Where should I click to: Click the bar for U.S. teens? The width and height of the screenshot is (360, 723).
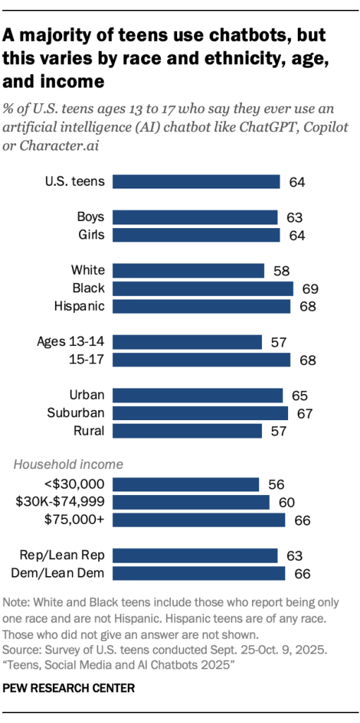tap(197, 181)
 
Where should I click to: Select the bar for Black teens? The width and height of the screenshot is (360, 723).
tap(203, 288)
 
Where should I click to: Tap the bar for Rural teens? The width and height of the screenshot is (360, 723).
tap(187, 431)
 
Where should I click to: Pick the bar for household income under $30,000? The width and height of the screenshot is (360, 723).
tap(186, 484)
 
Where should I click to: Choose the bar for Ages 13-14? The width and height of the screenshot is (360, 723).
tap(187, 342)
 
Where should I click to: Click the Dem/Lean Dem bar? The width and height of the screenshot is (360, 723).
tap(199, 573)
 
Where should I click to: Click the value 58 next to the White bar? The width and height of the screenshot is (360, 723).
tap(281, 270)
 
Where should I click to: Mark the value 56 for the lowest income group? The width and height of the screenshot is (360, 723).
tap(275, 484)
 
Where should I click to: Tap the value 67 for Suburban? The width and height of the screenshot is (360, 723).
tap(304, 413)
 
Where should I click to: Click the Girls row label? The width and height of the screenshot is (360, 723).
tap(90, 234)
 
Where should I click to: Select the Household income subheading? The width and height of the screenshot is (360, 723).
tap(68, 464)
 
